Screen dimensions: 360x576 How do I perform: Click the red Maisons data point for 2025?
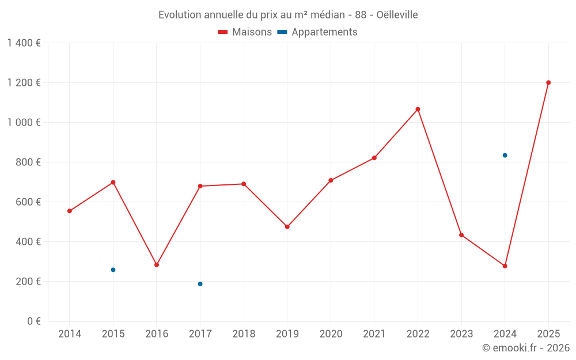point(548,82)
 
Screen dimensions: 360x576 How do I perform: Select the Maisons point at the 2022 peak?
point(418,109)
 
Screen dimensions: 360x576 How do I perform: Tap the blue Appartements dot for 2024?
point(505,155)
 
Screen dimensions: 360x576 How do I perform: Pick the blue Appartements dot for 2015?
point(113,270)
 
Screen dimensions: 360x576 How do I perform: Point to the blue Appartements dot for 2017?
point(200,284)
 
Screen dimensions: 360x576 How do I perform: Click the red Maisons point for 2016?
point(157,265)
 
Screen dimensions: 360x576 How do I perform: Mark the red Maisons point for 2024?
point(505,266)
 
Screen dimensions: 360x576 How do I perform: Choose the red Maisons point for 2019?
point(287,227)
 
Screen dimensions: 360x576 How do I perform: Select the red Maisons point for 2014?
point(70,211)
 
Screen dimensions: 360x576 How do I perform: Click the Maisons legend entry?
point(245,32)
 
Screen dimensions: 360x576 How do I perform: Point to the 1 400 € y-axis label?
point(24,43)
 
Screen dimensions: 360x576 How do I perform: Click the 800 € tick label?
point(28,162)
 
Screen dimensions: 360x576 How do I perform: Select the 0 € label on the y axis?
point(32,321)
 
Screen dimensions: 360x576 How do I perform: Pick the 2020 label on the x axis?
point(331,334)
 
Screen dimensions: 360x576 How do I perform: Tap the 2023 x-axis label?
point(461,334)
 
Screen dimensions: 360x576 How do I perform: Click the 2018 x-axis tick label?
point(244,334)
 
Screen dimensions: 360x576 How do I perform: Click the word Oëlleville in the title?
point(397,15)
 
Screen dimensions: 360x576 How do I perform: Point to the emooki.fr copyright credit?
point(525,348)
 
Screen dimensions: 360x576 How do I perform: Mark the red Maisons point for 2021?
point(374,158)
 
